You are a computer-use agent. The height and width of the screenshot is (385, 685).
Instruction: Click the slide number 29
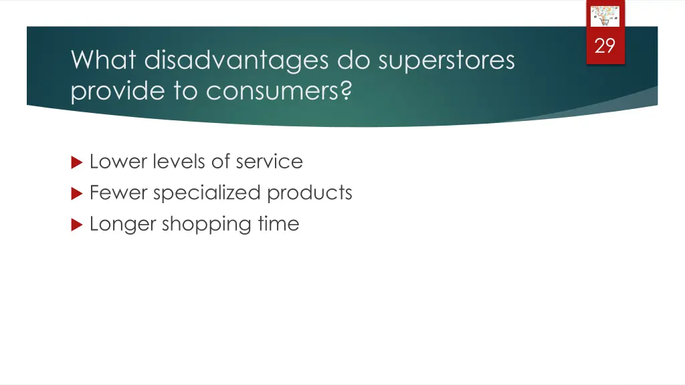point(605,46)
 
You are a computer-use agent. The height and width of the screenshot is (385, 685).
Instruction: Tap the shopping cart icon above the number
point(605,17)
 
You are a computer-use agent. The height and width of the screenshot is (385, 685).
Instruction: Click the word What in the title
point(104,60)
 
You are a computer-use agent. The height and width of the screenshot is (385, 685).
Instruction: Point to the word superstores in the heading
point(446,60)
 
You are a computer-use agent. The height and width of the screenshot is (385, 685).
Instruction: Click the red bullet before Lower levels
point(76,162)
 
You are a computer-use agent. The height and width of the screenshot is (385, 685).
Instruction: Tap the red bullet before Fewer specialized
point(76,193)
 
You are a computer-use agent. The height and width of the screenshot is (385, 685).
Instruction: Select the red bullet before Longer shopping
point(76,225)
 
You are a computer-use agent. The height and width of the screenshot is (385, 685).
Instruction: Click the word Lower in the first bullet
point(116,162)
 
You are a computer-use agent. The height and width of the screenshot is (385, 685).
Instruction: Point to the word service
point(269,162)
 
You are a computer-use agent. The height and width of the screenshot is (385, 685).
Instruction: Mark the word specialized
point(207,193)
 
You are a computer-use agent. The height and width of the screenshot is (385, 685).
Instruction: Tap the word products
point(310,193)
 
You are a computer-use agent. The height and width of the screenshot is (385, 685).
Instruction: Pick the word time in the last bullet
point(278,224)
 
